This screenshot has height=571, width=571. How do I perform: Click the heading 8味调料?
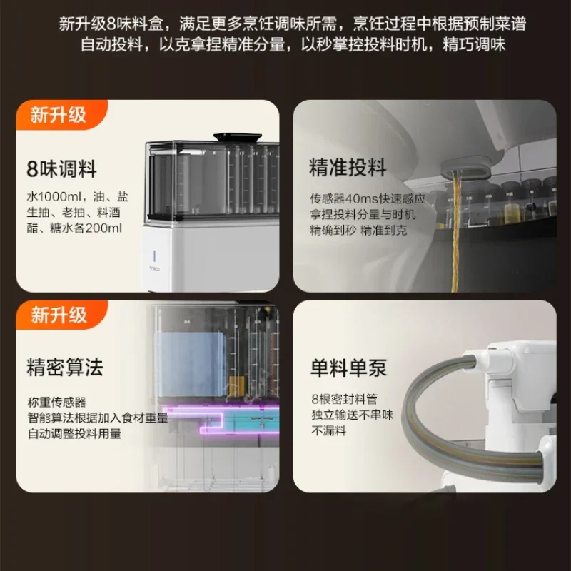[x=61, y=169]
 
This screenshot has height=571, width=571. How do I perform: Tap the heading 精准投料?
[x=348, y=167]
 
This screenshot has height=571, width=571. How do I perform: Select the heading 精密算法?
[x=65, y=367]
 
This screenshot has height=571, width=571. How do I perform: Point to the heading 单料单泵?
[x=348, y=368]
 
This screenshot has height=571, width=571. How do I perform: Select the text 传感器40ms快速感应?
[x=368, y=198]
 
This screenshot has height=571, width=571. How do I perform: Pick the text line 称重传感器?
[x=57, y=402]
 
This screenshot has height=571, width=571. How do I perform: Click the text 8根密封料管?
[x=345, y=399]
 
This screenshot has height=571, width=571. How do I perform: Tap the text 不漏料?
[x=329, y=430]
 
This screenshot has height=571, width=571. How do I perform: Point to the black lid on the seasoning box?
[x=238, y=138]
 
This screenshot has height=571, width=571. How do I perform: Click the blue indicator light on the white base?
[x=154, y=256]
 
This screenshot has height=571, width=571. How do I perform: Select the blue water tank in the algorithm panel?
[x=192, y=364]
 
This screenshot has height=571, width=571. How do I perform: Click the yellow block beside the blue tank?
[x=236, y=386]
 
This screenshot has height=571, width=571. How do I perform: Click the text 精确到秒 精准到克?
[x=358, y=230]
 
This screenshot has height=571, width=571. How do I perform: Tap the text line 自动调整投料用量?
[x=74, y=433]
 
